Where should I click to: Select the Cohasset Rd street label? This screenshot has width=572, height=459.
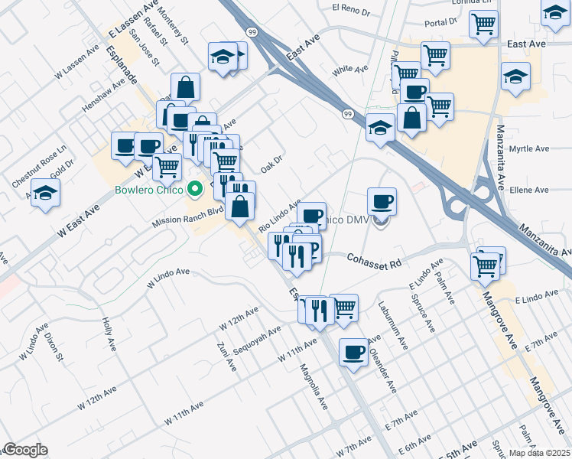(374, 262)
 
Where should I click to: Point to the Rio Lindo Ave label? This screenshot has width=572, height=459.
(280, 215)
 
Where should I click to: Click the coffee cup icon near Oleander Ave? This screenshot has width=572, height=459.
(353, 352)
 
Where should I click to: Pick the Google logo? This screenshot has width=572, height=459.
(24, 450)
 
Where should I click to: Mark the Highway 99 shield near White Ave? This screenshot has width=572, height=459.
(348, 113)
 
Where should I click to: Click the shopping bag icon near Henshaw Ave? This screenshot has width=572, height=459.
(185, 86)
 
